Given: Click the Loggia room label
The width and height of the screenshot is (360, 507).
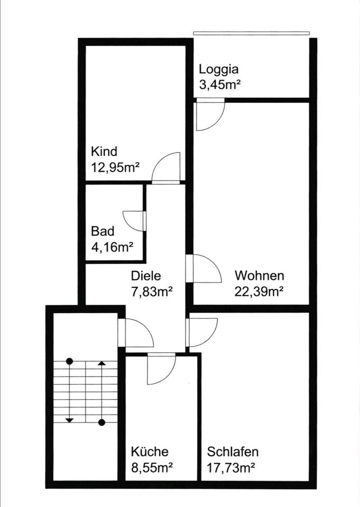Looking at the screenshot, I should pos(218,69).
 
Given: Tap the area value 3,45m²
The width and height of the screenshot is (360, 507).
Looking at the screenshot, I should pos(220,83).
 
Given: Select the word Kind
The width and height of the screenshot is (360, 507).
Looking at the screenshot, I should pos(104,152).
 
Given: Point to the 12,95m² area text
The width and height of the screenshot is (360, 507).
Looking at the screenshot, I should pos(115,167).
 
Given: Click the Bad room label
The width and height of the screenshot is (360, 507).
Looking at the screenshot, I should pos(103,231).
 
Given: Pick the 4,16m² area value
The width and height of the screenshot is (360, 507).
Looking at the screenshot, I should pos(112,246).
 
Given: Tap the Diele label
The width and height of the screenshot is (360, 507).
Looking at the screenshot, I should pos(145,276).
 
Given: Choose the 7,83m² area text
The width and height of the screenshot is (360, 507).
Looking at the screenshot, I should pos(152,290).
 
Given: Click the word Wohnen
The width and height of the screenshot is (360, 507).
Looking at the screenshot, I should pos(260,276).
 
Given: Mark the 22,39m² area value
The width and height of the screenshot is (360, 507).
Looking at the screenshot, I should pos(260,290).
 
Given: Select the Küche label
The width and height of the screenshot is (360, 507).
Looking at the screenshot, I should pos(150,452).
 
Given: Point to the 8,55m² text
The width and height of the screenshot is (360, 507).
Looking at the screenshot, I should pos(152,467).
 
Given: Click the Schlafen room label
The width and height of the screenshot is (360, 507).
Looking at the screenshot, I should pos(233,452).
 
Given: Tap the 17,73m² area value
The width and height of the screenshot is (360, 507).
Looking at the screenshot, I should pos(232,467).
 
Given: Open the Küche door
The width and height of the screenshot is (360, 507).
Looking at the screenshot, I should pos(161,369).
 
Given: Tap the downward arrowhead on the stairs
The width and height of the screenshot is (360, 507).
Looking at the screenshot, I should pos(69,420).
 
